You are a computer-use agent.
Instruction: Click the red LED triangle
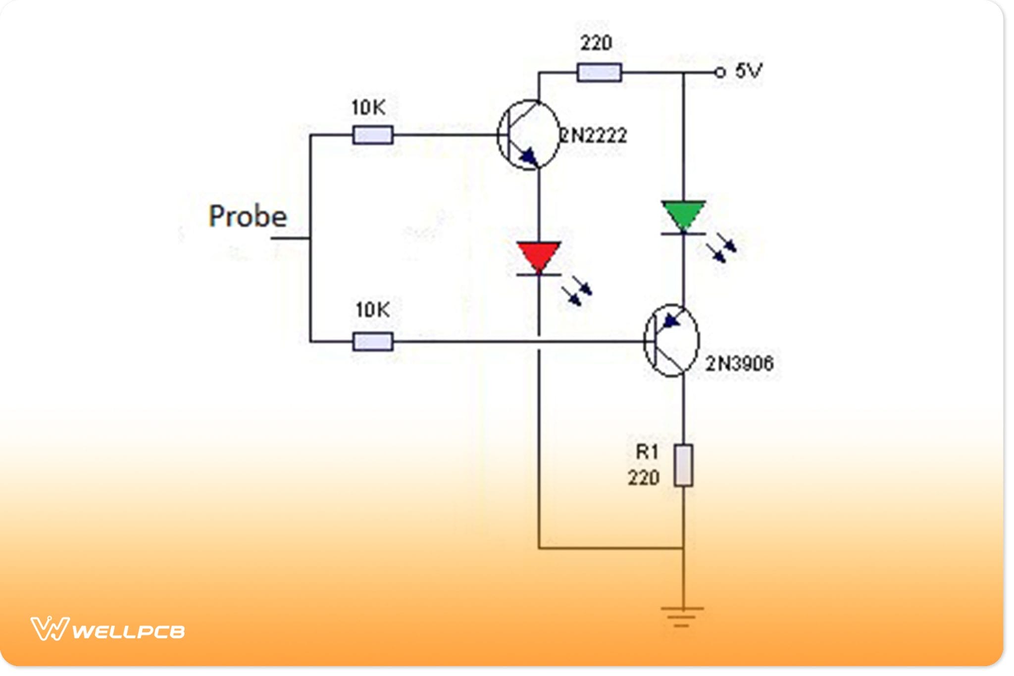click(x=539, y=256)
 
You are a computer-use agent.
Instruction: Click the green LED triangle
click(x=683, y=214)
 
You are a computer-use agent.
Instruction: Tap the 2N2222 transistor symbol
click(x=528, y=135)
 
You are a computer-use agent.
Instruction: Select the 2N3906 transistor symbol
click(x=671, y=340)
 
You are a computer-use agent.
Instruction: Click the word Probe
click(x=248, y=217)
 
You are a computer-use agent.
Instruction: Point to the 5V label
click(x=748, y=71)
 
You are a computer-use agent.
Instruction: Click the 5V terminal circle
click(x=720, y=73)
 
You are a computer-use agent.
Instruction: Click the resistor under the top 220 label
click(x=599, y=73)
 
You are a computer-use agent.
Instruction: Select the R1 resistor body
click(x=683, y=465)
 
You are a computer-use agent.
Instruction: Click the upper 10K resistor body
click(x=373, y=135)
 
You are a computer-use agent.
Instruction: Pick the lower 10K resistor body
click(x=373, y=341)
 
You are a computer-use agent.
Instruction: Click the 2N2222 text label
click(x=593, y=135)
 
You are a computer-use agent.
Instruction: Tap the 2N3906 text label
click(x=739, y=364)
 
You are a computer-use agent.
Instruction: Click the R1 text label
click(x=647, y=451)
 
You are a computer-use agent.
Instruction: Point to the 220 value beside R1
click(x=644, y=478)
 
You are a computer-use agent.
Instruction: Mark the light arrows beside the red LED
click(x=577, y=293)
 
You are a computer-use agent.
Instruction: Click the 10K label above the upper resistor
click(x=368, y=108)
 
